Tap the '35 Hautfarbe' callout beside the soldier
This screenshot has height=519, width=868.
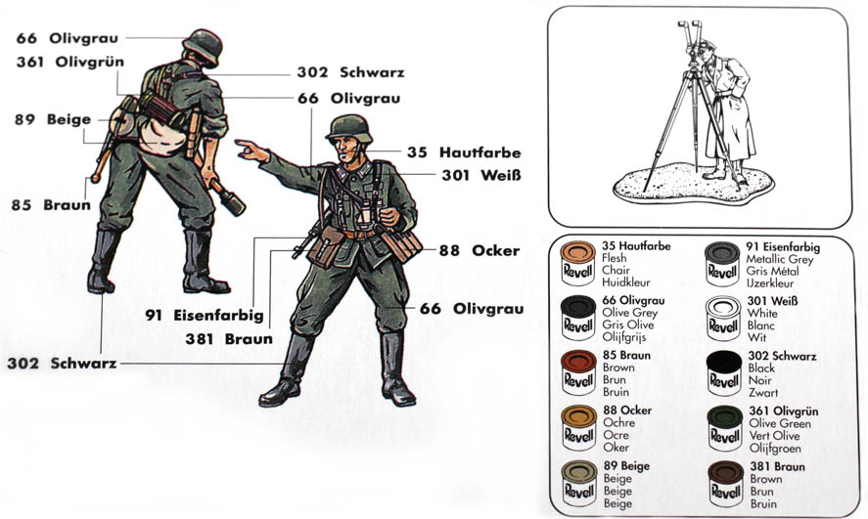[464, 152]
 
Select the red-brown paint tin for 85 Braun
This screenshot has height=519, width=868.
[577, 372]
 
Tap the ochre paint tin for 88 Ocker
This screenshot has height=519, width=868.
[577, 428]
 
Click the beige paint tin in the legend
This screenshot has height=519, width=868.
[577, 484]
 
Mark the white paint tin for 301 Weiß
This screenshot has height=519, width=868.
[724, 318]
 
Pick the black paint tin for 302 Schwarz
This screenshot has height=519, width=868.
[724, 372]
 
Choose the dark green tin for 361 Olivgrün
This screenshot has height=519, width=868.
[724, 428]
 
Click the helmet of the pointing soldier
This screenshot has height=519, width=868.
[345, 127]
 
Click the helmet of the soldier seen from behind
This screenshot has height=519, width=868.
[204, 46]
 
